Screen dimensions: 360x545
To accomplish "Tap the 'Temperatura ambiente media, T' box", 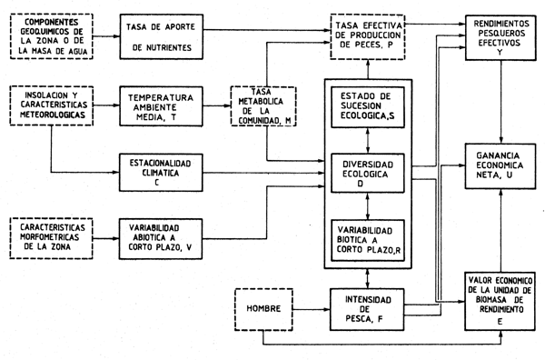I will (163, 102).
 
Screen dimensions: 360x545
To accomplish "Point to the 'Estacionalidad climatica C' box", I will (163, 170).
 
